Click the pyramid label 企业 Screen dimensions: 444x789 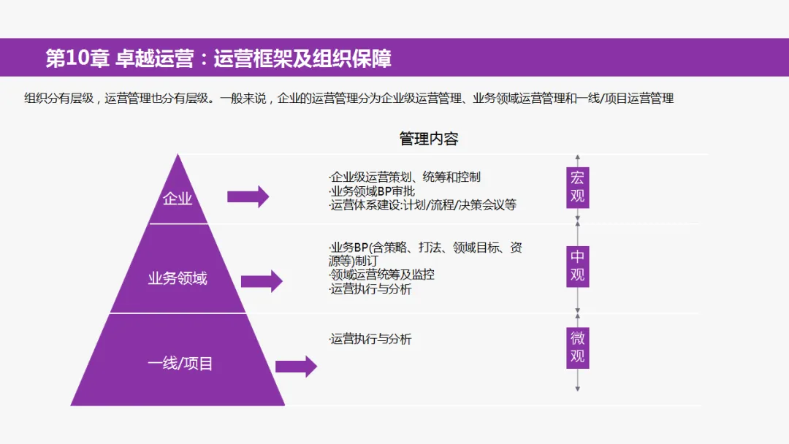coord(178,198)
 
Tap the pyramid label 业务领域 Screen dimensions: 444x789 coord(178,278)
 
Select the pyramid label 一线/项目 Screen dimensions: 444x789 coord(180,363)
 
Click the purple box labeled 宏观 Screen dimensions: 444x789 coord(578,188)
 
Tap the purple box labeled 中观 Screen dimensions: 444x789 coord(578,266)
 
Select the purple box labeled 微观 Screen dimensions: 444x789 coord(578,347)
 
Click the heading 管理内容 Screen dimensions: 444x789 coord(429,139)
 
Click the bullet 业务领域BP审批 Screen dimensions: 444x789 coord(373,191)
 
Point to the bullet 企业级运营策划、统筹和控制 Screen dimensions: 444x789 coord(405,177)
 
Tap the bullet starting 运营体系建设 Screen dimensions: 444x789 coord(423,205)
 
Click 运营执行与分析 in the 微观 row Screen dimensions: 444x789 coord(370,339)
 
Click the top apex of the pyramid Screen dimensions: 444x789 coord(178,156)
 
